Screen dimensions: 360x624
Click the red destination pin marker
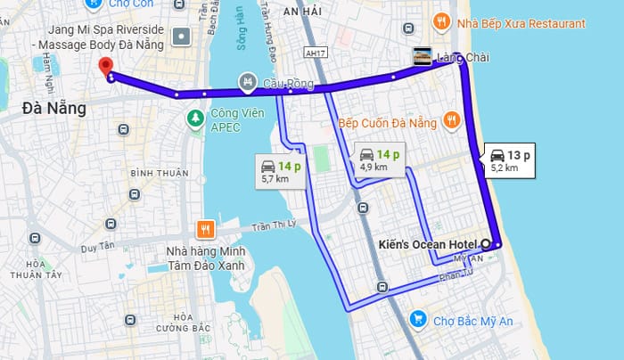106,67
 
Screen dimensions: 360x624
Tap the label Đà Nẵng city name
53,110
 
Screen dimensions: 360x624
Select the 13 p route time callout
511,160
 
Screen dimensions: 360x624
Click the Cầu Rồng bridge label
288,84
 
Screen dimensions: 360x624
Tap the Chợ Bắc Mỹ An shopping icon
416,318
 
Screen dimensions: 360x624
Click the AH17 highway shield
312,53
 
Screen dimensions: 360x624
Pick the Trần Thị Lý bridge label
273,226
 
